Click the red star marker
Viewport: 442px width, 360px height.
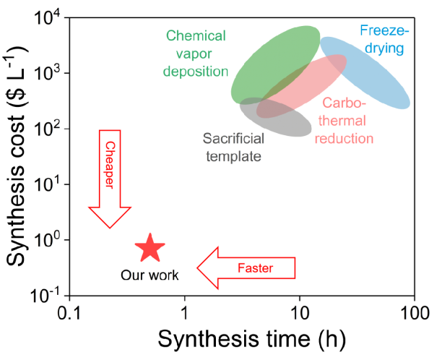tap(150, 248)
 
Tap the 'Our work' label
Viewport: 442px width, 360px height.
tap(149, 275)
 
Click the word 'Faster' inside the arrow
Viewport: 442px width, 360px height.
tap(256, 268)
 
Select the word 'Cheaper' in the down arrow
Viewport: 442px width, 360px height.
tap(110, 165)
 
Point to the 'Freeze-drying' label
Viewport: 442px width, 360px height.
tap(384, 39)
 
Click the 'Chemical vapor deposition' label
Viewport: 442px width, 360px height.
tap(196, 53)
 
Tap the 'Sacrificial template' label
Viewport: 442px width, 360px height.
tap(233, 147)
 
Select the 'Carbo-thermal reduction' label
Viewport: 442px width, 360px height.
tap(344, 121)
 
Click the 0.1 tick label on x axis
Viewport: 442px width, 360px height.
tap(69, 313)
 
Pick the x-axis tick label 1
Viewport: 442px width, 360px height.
tap(185, 313)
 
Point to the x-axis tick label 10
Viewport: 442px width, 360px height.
tap(300, 313)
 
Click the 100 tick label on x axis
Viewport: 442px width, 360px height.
tap(415, 313)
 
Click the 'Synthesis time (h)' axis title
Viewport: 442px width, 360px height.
tap(252, 338)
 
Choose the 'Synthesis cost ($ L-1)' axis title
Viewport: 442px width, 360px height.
tap(17, 157)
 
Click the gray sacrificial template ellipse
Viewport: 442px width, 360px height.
tap(275, 117)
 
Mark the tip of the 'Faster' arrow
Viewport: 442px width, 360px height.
tap(197, 268)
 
